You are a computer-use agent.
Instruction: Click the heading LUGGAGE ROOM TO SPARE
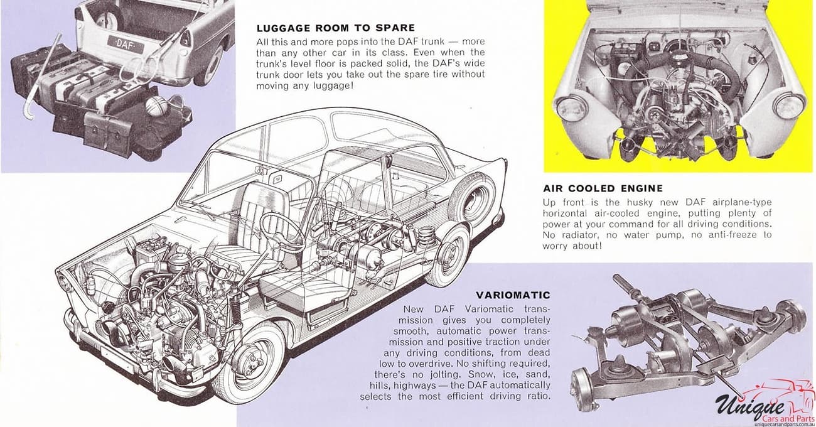pos(336,28)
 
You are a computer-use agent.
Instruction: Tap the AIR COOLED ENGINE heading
pos(603,188)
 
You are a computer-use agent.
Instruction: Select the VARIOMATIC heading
pos(513,295)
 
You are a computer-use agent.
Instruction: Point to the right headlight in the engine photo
pos(788,105)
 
